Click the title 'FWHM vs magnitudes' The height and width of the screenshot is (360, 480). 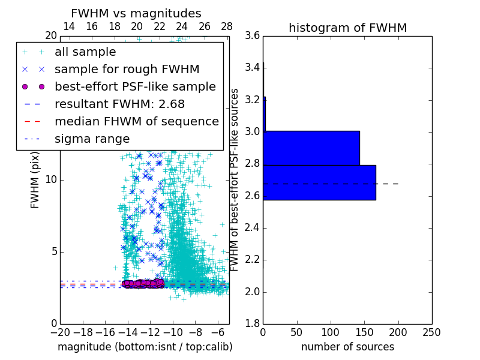pos(136,13)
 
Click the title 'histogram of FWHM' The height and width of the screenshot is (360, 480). pos(347,28)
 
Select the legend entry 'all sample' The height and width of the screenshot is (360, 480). pos(85,52)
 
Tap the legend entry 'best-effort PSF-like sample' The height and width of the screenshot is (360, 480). pos(135,86)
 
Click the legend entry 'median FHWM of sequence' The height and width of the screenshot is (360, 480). pos(136,121)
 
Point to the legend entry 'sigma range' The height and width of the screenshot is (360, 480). pos(92,139)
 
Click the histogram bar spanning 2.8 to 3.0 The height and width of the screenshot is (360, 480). pos(311,148)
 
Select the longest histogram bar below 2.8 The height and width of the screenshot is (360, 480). pos(319,182)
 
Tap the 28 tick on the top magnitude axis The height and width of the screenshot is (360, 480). pos(227,26)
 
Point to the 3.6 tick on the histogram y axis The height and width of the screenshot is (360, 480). pos(252,35)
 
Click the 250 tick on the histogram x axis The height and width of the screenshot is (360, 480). pos(431,332)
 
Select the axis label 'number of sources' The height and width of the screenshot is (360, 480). pos(347,347)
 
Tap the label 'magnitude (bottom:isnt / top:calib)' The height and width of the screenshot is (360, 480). pos(145,347)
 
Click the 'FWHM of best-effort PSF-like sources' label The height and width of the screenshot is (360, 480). pos(235,179)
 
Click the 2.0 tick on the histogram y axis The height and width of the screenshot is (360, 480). pos(252,292)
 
